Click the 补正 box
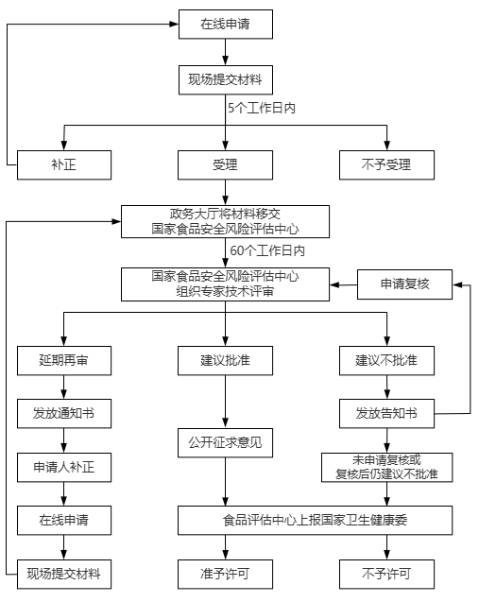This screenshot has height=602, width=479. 64,165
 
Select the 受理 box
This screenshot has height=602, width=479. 225,165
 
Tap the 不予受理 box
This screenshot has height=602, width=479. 387,165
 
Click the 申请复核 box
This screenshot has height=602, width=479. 405,284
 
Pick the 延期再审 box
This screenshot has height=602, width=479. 64,361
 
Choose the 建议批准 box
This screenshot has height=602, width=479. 225,361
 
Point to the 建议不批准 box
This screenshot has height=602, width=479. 387,361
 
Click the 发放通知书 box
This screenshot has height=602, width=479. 64,414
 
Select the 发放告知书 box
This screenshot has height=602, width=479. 387,414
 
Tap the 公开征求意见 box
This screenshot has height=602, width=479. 225,443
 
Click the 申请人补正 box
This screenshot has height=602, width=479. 64,468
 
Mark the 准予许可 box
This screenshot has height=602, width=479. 225,575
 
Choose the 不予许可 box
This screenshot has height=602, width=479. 387,575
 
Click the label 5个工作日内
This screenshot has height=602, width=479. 262,109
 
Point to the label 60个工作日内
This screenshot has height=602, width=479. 267,251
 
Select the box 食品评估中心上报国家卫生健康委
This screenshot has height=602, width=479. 316,521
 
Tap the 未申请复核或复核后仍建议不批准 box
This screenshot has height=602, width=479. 387,468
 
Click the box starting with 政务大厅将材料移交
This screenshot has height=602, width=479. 225,222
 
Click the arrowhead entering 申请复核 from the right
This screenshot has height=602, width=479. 457,284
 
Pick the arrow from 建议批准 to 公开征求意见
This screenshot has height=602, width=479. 225,402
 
